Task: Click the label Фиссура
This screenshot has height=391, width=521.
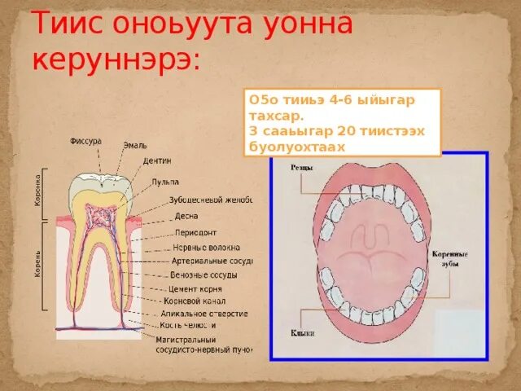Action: pos(85,141)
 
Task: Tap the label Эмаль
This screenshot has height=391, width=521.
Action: pos(134,146)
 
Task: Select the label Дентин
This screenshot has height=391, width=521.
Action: pos(156,160)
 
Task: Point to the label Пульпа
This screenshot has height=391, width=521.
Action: pos(164,182)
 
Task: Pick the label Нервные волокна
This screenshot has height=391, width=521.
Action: pos(206,247)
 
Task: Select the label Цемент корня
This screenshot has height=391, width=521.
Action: pos(196,288)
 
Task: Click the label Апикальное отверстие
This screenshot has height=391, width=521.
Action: pos(204,314)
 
